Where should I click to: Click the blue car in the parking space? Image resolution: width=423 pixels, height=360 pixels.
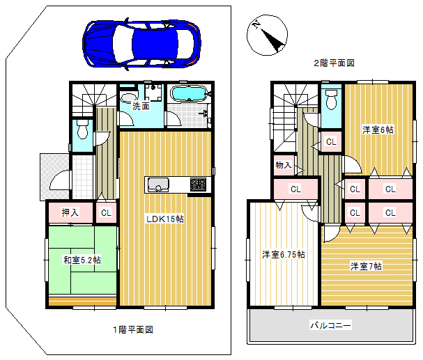pyautogui.click(x=141, y=44)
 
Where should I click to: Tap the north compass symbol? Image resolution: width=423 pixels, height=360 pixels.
pyautogui.click(x=267, y=35)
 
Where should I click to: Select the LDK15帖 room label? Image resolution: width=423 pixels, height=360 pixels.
pyautogui.click(x=165, y=219)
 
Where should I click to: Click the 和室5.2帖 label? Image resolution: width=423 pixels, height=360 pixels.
pyautogui.click(x=82, y=260)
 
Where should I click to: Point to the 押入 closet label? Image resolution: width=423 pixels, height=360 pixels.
pyautogui.click(x=70, y=212)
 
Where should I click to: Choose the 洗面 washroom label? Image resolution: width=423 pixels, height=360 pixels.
pyautogui.click(x=141, y=106)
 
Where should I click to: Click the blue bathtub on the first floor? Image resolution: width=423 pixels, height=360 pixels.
pyautogui.click(x=189, y=94)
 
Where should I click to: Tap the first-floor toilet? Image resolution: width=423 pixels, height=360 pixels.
pyautogui.click(x=82, y=129)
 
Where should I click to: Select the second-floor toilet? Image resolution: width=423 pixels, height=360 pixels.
pyautogui.click(x=331, y=100)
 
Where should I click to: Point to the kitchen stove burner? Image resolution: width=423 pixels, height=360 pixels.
pyautogui.click(x=198, y=185)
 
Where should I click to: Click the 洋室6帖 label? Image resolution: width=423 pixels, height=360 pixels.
pyautogui.click(x=378, y=130)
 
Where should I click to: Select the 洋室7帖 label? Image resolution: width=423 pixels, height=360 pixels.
pyautogui.click(x=366, y=266)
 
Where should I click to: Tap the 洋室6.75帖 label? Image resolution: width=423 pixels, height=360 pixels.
pyautogui.click(x=284, y=254)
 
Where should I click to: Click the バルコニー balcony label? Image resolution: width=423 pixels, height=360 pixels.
pyautogui.click(x=331, y=325)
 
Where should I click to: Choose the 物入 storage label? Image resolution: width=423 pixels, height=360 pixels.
pyautogui.click(x=284, y=165)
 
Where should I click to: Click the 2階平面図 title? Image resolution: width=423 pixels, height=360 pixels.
pyautogui.click(x=334, y=63)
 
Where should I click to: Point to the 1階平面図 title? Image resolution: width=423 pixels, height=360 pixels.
pyautogui.click(x=132, y=329)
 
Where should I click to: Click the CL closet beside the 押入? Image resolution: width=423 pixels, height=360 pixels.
pyautogui.click(x=106, y=213)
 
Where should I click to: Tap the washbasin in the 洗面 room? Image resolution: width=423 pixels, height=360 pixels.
pyautogui.click(x=128, y=97)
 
